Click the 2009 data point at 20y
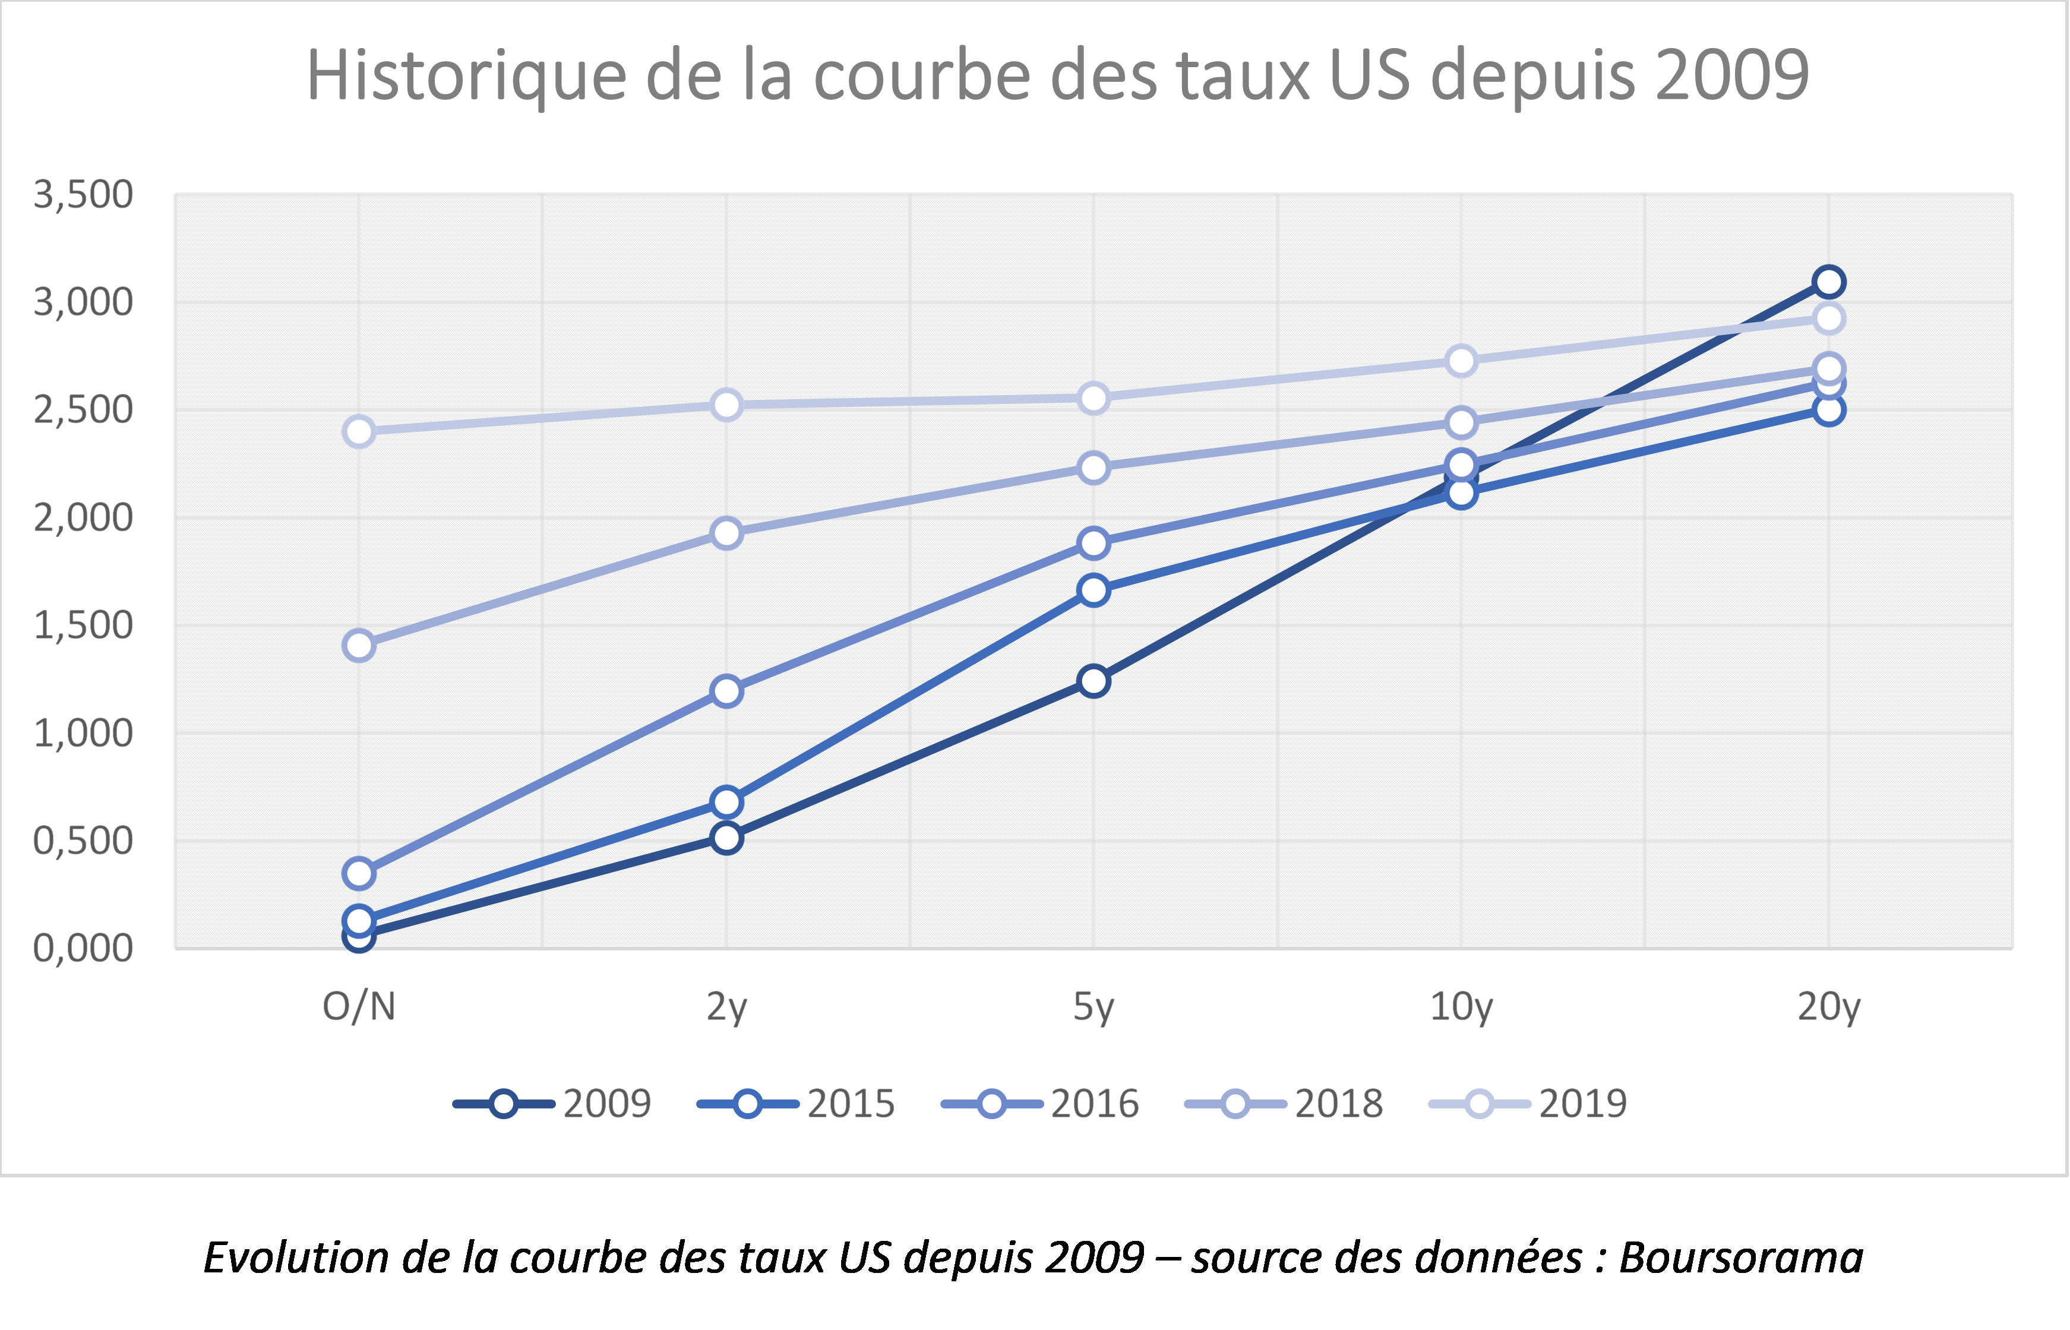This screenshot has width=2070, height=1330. point(1828,282)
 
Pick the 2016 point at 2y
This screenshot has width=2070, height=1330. point(726,691)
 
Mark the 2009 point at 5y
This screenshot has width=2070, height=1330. point(1094,681)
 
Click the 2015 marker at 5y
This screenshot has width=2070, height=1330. point(1094,590)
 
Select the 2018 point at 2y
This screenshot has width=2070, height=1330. point(726,533)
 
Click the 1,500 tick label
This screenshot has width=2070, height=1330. point(83,625)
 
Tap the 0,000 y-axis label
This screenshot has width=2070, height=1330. point(83,948)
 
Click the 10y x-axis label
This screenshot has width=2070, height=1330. point(1461,1007)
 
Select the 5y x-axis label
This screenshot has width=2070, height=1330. point(1094,1007)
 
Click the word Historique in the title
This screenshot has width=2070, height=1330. point(466,76)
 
